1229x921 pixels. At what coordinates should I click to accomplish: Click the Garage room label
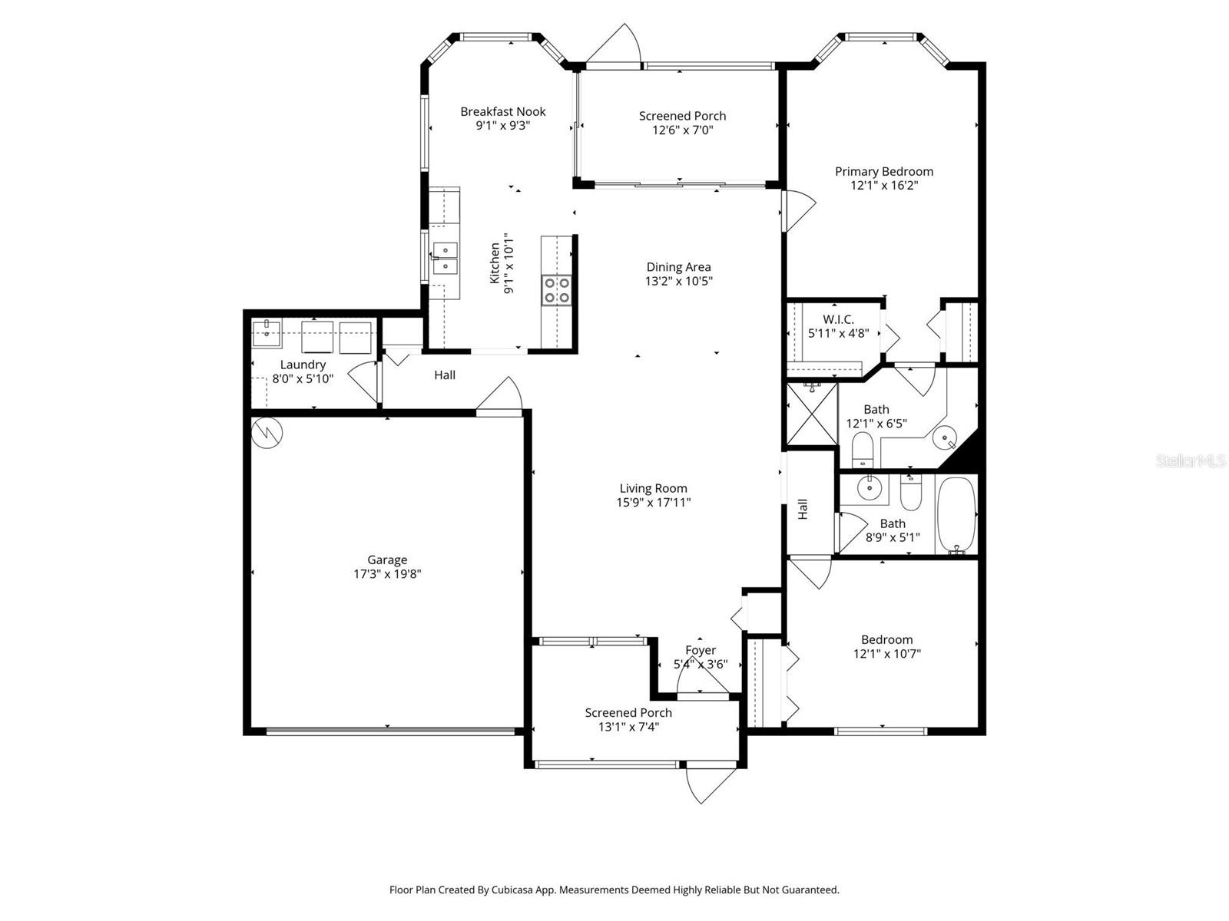click(386, 560)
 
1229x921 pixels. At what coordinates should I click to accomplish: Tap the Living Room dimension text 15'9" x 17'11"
click(653, 503)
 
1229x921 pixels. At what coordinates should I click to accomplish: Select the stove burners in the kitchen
click(557, 290)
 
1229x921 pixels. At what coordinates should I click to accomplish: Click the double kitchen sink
click(444, 258)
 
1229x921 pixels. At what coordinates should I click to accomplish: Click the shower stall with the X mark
click(811, 415)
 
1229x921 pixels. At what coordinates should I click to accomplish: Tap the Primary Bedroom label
click(884, 171)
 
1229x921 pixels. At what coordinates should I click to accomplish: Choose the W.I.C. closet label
click(838, 319)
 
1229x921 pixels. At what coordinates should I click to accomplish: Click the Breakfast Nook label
click(502, 111)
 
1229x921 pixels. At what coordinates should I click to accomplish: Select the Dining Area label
click(678, 267)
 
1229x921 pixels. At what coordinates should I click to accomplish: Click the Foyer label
click(701, 650)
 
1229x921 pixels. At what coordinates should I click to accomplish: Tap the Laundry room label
click(303, 365)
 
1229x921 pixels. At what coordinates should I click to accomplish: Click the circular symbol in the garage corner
click(267, 433)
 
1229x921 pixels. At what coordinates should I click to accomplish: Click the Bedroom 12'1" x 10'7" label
click(886, 639)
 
